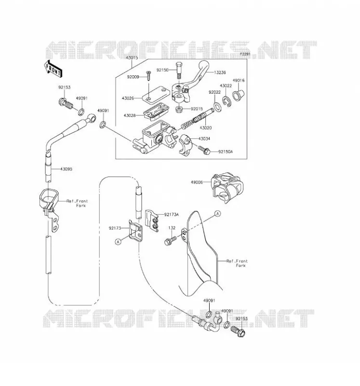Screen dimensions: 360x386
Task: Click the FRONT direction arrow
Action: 53,69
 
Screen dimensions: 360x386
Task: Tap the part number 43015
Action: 132,58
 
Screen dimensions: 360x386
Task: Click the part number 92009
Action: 133,77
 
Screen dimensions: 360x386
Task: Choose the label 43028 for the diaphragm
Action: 130,115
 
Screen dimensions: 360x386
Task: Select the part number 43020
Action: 206,128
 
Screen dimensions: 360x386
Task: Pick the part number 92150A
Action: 226,152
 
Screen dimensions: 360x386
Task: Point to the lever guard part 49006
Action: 227,188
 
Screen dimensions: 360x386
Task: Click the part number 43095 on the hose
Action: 66,169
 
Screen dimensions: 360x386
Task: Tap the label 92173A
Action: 172,215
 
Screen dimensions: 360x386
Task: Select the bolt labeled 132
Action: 171,240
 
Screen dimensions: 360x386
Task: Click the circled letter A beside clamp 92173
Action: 118,242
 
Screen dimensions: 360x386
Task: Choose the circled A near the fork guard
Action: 217,214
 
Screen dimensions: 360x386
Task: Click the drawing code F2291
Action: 245,54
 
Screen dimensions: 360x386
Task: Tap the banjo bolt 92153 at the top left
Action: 66,103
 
